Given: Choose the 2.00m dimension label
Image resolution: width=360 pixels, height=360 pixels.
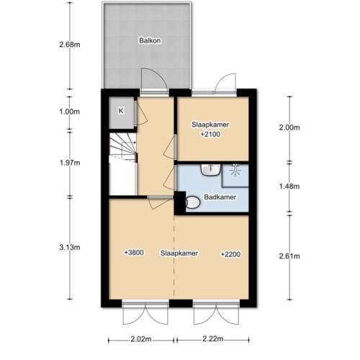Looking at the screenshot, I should [x=289, y=127].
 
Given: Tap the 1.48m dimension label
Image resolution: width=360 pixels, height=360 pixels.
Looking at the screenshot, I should [x=289, y=186].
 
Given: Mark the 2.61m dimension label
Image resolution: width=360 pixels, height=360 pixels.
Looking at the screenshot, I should [x=289, y=257].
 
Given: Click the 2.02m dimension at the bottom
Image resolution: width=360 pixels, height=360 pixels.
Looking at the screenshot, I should [x=140, y=339].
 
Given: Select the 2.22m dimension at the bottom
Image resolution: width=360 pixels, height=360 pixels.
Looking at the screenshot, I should [x=213, y=339].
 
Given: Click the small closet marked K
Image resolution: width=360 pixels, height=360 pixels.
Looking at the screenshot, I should [x=120, y=110].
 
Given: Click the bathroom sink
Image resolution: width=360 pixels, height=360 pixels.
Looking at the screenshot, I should [x=210, y=171].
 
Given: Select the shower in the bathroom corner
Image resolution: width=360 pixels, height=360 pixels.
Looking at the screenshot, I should [x=235, y=171].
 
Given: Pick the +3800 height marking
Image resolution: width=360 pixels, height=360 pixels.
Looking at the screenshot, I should [x=133, y=253].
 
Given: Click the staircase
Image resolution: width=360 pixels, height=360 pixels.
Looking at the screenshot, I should [x=122, y=154].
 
